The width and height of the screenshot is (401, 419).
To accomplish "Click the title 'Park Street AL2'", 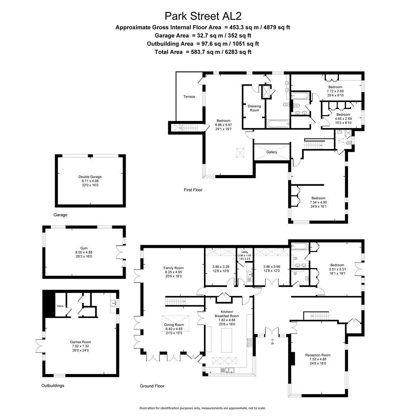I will (200, 16).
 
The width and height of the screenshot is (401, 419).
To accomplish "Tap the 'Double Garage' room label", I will (90, 177).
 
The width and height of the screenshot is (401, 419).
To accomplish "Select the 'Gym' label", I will (84, 248).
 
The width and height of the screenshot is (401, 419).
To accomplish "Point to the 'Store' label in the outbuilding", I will (60, 306).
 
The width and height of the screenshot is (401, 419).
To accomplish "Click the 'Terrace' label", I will (189, 97).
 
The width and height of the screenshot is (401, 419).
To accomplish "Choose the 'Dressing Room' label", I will (254, 108).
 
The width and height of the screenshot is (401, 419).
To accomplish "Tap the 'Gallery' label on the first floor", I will (271, 152).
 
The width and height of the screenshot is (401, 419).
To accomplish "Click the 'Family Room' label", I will (173, 268).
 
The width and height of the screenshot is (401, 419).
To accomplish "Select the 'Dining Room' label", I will (174, 325).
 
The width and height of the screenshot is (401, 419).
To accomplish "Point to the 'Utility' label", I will (244, 252).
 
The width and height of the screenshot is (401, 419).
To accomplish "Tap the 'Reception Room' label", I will (318, 355).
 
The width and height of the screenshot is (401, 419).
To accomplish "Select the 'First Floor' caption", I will (193, 190).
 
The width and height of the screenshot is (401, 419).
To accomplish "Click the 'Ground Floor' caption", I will (152, 386).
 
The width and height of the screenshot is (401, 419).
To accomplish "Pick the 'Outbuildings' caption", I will (53, 386).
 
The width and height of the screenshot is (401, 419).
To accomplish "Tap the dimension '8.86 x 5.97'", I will (223, 125).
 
